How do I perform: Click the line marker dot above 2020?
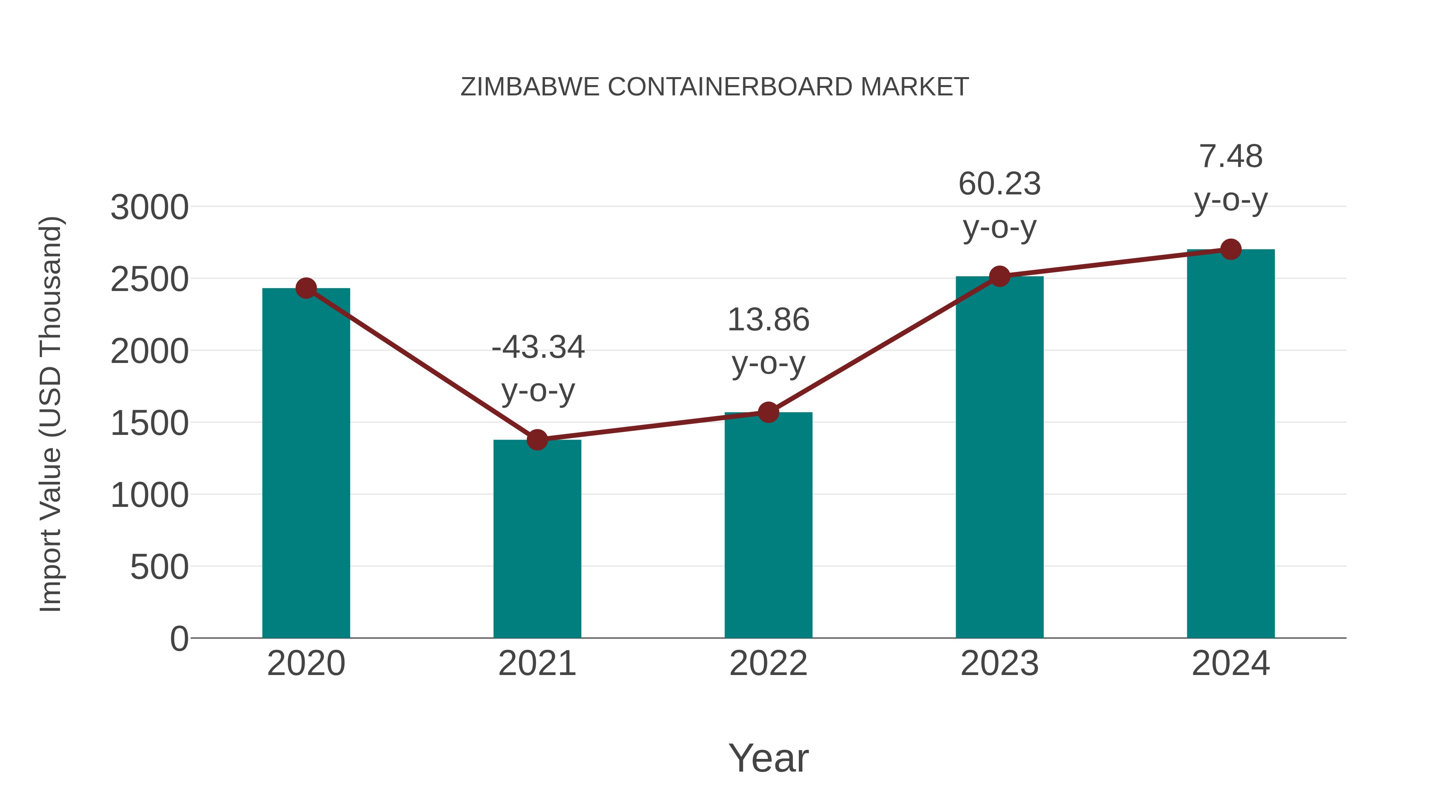(306, 288)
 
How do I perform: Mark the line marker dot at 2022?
(768, 412)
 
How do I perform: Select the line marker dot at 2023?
(999, 276)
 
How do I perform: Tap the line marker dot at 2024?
(1231, 249)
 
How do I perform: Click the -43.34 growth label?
(538, 348)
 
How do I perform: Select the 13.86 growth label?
(768, 320)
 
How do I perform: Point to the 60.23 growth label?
(999, 184)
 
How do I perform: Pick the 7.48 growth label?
(1231, 157)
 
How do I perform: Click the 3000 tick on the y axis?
(149, 208)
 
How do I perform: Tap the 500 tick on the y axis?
(159, 567)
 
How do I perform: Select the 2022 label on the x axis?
(768, 663)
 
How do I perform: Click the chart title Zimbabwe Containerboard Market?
(715, 87)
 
